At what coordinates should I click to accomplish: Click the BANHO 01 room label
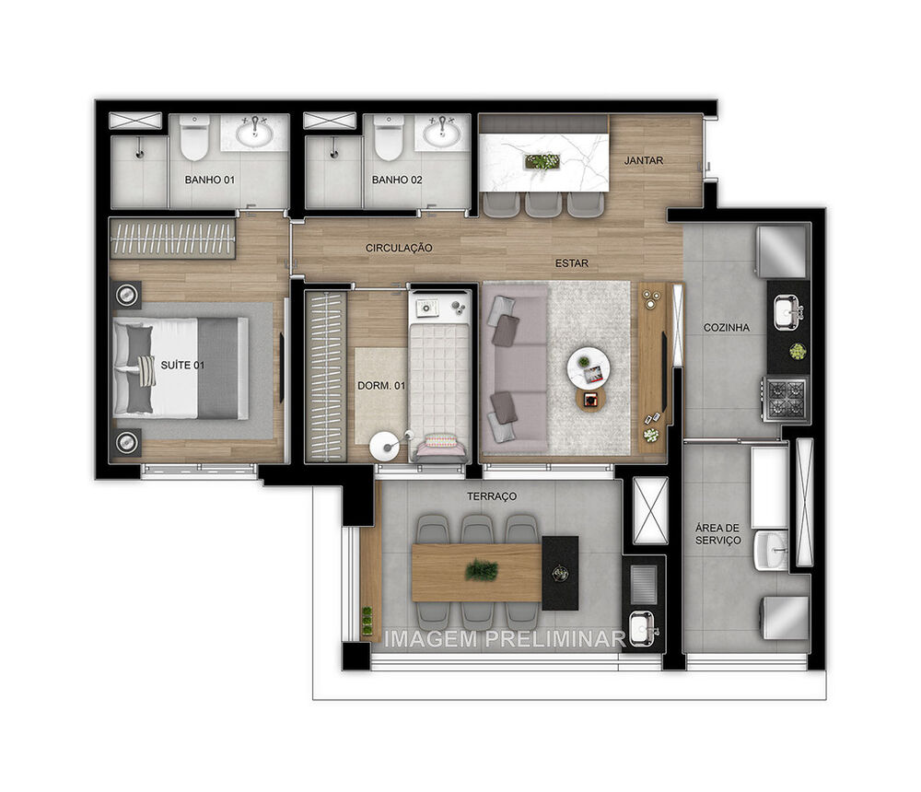click(209, 180)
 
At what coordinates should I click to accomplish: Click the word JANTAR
click(643, 160)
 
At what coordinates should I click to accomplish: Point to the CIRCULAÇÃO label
click(399, 248)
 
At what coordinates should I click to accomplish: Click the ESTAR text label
click(571, 263)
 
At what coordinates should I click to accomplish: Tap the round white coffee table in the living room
click(588, 368)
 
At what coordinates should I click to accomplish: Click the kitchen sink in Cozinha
click(786, 313)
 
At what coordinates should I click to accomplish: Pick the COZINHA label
click(726, 327)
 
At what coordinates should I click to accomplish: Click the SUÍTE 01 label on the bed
click(181, 366)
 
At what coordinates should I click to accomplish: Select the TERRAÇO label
click(491, 496)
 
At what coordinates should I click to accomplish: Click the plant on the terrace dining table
click(481, 571)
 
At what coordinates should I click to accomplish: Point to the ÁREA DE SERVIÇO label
click(717, 534)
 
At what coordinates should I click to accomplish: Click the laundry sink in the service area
click(771, 550)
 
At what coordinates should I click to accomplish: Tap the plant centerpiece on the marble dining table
click(542, 162)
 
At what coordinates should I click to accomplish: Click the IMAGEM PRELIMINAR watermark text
click(504, 638)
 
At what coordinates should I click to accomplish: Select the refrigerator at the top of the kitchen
click(782, 250)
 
